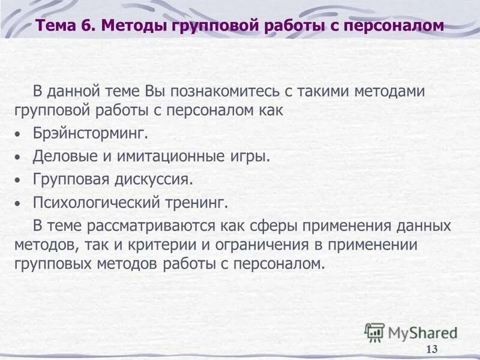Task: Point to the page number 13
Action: pyautogui.click(x=431, y=350)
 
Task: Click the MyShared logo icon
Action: pyautogui.click(x=374, y=332)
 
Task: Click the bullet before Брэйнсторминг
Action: pyautogui.click(x=18, y=134)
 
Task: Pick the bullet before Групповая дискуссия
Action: pyautogui.click(x=18, y=181)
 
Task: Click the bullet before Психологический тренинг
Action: pyautogui.click(x=18, y=204)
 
